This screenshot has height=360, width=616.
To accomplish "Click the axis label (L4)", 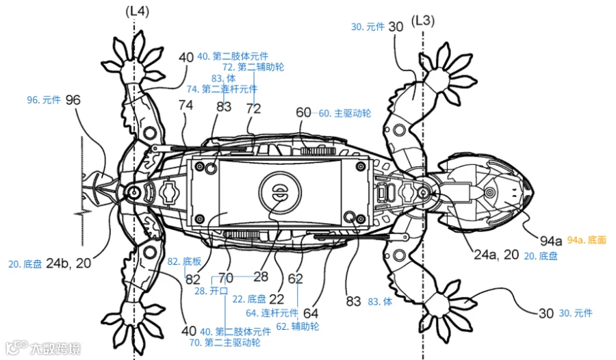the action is pyautogui.click(x=137, y=12).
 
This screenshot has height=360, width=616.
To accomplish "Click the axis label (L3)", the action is pyautogui.click(x=423, y=21).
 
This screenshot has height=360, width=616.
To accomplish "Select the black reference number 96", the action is pyautogui.click(x=73, y=100).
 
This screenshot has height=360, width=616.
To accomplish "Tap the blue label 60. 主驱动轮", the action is pyautogui.click(x=344, y=114).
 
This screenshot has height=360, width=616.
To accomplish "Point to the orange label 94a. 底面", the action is pyautogui.click(x=587, y=240).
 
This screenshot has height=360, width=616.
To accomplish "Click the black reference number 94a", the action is pyautogui.click(x=551, y=240).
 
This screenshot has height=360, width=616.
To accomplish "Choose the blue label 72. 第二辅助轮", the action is pyautogui.click(x=253, y=67).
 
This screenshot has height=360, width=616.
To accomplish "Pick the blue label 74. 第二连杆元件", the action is pyautogui.click(x=222, y=89).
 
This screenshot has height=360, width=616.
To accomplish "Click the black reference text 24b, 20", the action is pyautogui.click(x=68, y=263).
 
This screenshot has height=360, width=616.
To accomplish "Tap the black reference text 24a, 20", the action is pyautogui.click(x=496, y=255).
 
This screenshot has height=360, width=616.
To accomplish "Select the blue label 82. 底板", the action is pyautogui.click(x=184, y=261).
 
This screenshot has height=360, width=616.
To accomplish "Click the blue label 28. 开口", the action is pyautogui.click(x=211, y=291).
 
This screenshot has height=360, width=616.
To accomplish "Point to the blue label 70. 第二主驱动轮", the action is pyautogui.click(x=224, y=342).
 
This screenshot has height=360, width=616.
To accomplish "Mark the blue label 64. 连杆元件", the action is pyautogui.click(x=272, y=313).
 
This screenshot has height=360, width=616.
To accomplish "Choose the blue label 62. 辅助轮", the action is pyautogui.click(x=298, y=326).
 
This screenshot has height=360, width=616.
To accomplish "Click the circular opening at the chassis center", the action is pyautogui.click(x=280, y=193).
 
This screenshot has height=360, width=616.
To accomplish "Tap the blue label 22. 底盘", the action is pyautogui.click(x=249, y=299).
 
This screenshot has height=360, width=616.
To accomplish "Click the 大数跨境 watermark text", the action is pyautogui.click(x=55, y=348).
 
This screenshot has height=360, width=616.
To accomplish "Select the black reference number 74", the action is pyautogui.click(x=185, y=105).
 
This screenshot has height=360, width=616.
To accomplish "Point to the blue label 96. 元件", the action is pyautogui.click(x=44, y=100).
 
